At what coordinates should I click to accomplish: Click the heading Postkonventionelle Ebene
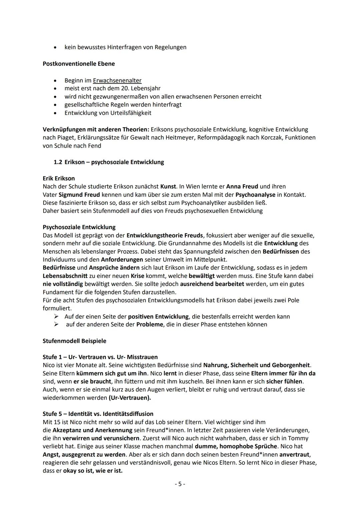tap(79, 64)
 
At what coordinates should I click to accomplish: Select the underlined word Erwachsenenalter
tap(117, 80)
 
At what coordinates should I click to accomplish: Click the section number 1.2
tap(58, 162)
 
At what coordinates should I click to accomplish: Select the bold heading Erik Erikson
tap(59, 178)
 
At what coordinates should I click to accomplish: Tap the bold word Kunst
tap(168, 186)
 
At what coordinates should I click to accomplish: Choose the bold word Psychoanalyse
tap(255, 194)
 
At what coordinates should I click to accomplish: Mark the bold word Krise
tap(137, 276)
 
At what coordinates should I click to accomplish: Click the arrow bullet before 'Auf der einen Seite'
tap(57, 316)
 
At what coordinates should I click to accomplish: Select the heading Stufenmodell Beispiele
tap(74, 341)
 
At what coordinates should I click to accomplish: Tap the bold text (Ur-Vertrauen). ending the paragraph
tap(130, 398)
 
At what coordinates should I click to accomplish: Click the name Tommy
tap(298, 438)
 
